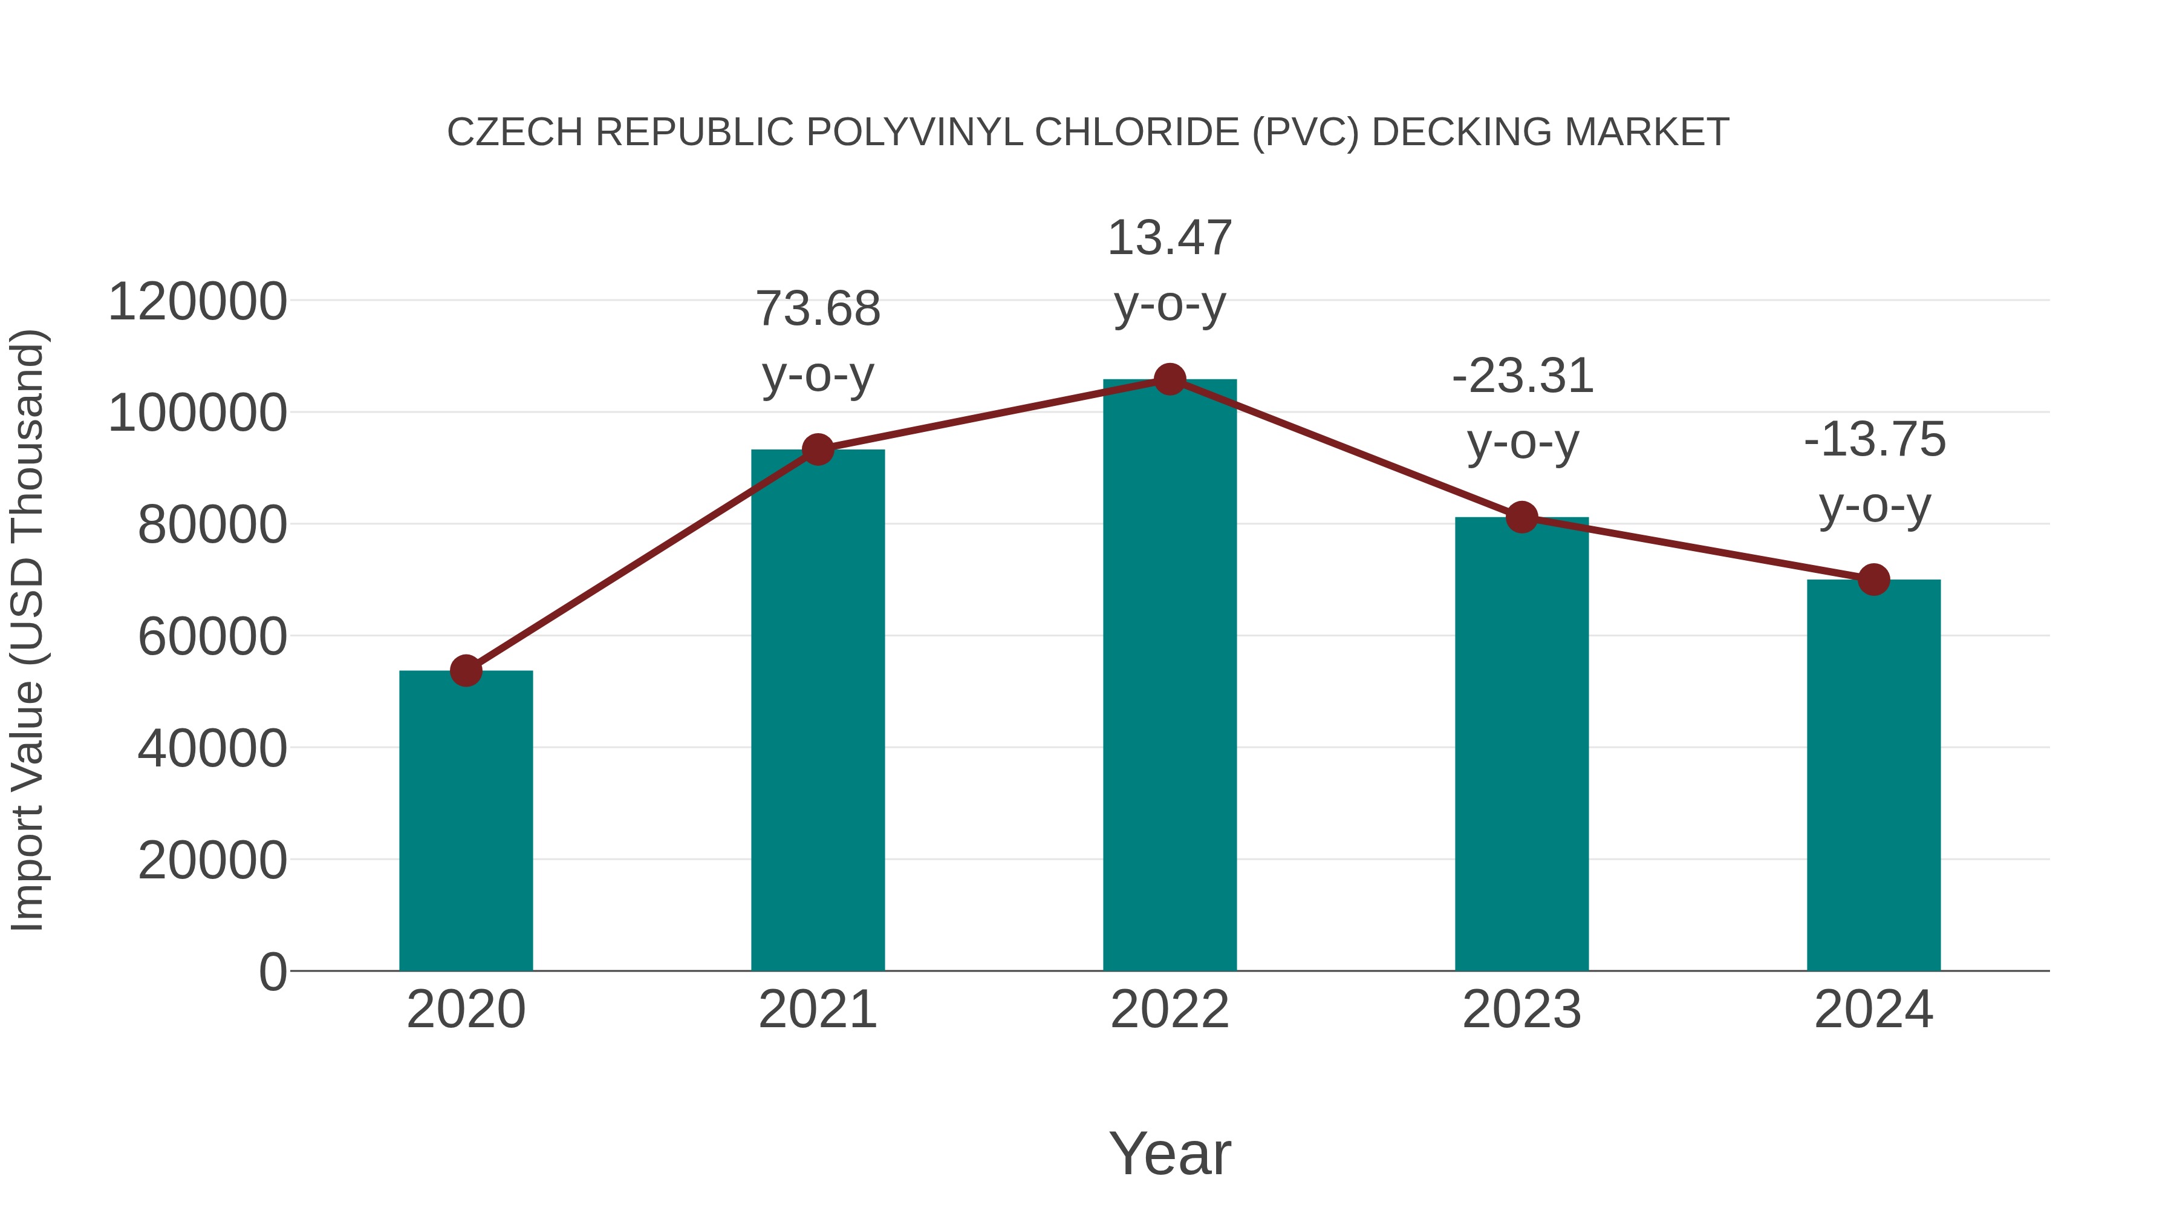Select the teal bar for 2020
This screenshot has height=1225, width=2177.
coord(466,820)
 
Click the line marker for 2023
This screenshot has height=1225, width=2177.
coord(1522,517)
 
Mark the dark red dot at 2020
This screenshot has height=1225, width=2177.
coord(466,670)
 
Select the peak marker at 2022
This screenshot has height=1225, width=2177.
coord(1170,379)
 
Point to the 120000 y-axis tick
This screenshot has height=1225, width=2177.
coord(197,302)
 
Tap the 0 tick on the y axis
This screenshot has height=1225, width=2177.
coord(273,972)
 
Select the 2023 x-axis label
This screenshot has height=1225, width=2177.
coord(1522,1010)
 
